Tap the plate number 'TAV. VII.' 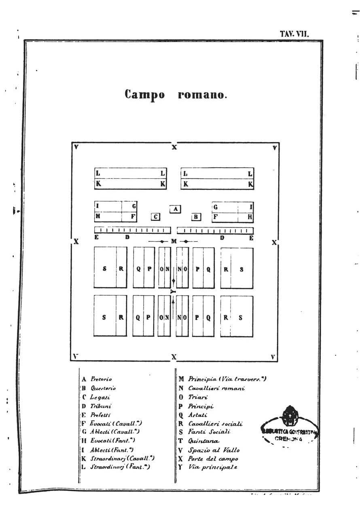(x=294, y=34)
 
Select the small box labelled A (x=175, y=209)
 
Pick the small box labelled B (x=196, y=217)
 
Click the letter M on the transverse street (x=174, y=242)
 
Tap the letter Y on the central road (x=173, y=291)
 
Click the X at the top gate (x=174, y=147)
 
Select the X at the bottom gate (x=174, y=357)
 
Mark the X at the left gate (x=76, y=242)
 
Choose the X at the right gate (x=274, y=242)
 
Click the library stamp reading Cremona (x=289, y=429)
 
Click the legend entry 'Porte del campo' (x=213, y=459)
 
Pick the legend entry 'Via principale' (x=212, y=467)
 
